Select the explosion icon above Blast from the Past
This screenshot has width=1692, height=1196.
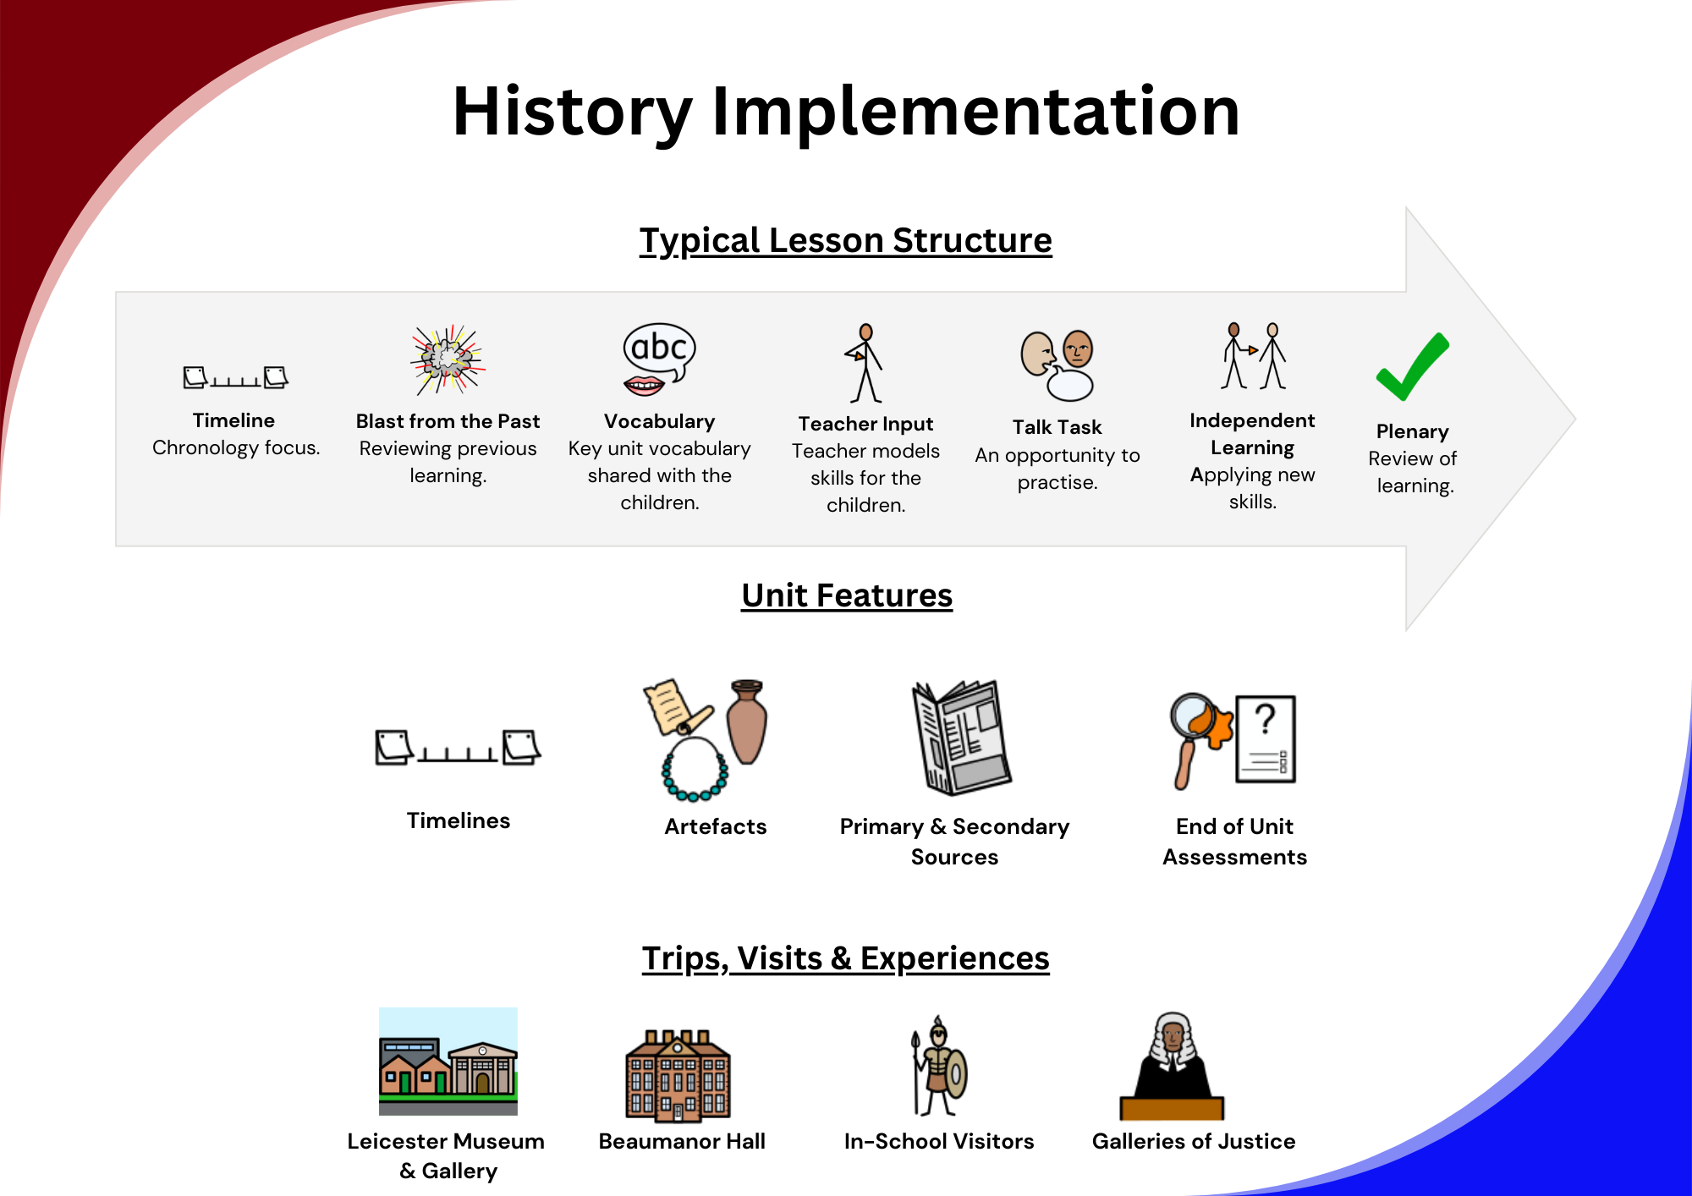(x=448, y=359)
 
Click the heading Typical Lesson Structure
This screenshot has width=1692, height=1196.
(x=845, y=241)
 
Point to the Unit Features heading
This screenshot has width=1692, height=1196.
(x=847, y=595)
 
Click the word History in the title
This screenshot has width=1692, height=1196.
(x=573, y=112)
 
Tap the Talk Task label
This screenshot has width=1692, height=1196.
(x=1057, y=427)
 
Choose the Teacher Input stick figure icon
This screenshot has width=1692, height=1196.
(x=865, y=363)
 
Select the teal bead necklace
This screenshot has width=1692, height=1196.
(x=695, y=769)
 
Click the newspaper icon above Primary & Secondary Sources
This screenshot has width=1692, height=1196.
(x=961, y=738)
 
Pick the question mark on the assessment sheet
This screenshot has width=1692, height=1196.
(x=1265, y=719)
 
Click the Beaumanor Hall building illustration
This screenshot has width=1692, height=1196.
(x=678, y=1076)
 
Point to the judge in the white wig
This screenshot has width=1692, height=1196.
(x=1172, y=1066)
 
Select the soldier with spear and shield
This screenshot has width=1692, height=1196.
(x=937, y=1067)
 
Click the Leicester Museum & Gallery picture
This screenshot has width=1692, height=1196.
(x=448, y=1062)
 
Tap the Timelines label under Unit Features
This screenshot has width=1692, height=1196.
(x=459, y=820)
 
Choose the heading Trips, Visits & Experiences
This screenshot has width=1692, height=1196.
(x=845, y=958)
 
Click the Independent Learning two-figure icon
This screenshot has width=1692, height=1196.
(x=1253, y=355)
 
